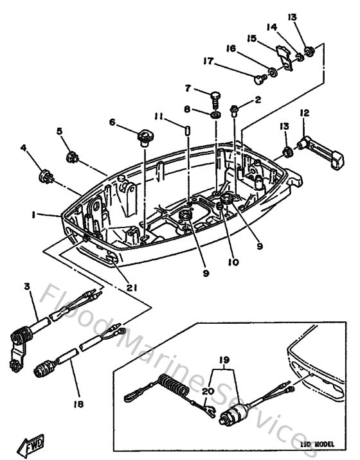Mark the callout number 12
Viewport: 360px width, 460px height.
pyautogui.click(x=304, y=114)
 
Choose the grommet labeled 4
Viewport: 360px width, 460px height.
pyautogui.click(x=47, y=174)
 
